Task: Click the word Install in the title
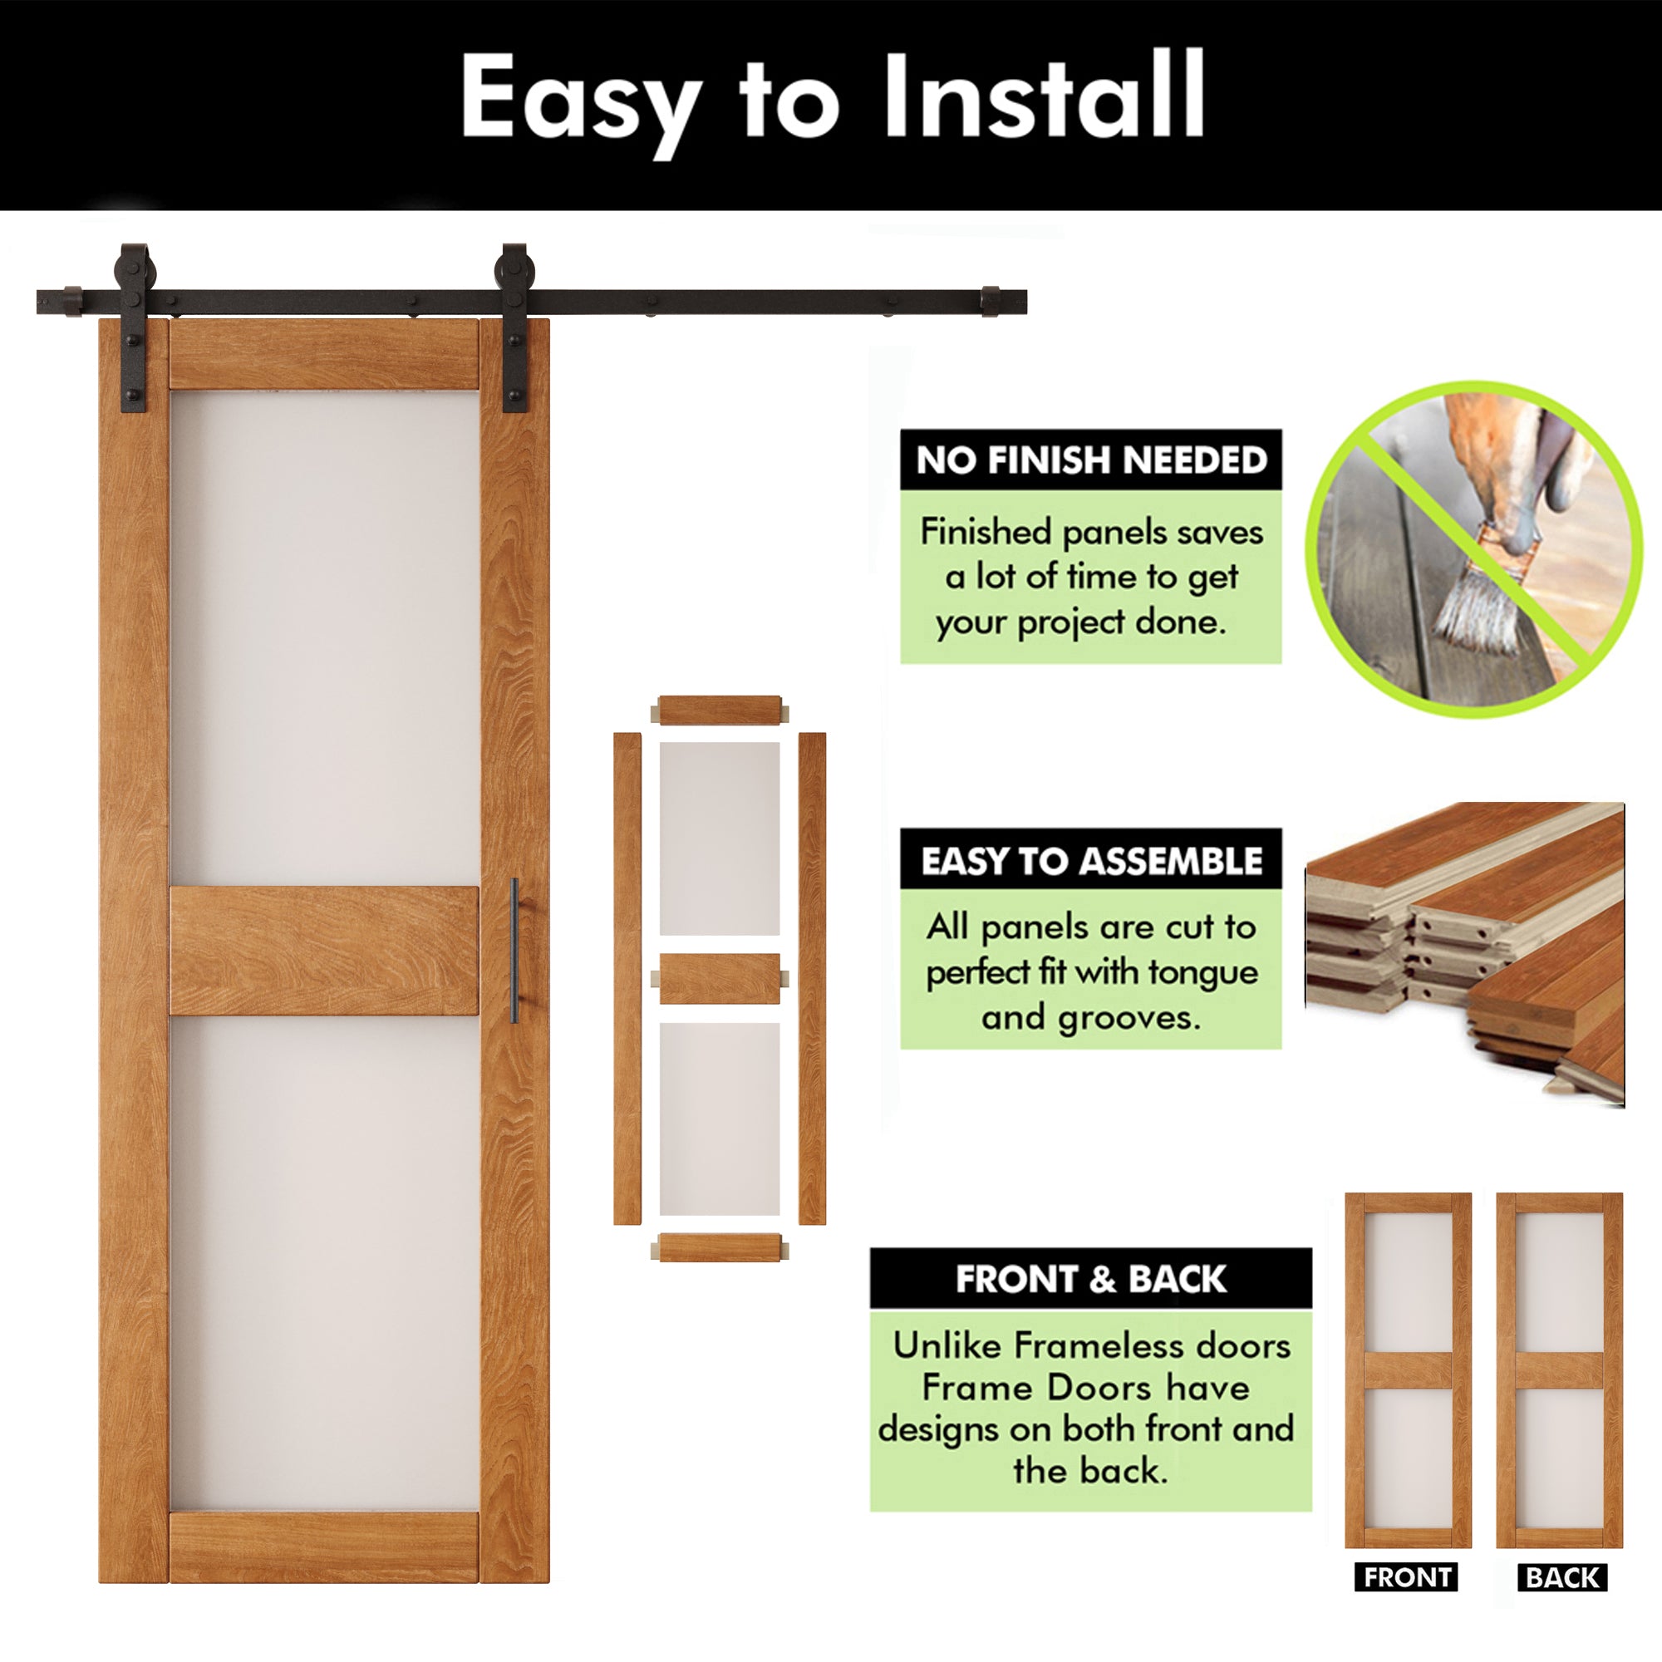tap(1044, 96)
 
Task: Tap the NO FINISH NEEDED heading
tap(1091, 460)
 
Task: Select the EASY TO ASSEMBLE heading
tap(1091, 860)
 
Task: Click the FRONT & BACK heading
tap(1090, 1279)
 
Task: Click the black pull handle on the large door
tap(514, 950)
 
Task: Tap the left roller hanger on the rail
tap(134, 327)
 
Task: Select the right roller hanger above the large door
tap(515, 327)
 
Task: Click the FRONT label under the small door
tap(1407, 1578)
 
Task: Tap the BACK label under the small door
tap(1561, 1578)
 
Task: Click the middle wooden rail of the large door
tap(323, 950)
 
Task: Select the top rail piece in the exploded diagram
tap(719, 711)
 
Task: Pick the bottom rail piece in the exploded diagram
tap(719, 1247)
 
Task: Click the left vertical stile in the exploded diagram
tap(627, 978)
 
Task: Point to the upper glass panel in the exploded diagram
tap(719, 838)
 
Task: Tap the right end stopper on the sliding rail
tap(991, 302)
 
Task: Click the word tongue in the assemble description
tap(1202, 972)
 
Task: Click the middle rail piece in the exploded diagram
tap(719, 978)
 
